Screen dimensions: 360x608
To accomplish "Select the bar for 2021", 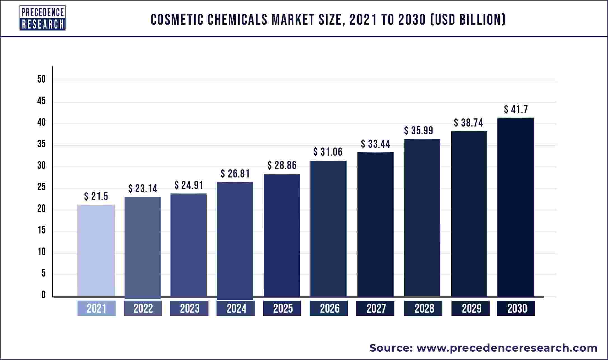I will (96, 250).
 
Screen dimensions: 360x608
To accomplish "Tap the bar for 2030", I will (516, 207).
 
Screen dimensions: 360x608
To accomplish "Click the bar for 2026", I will (328, 228).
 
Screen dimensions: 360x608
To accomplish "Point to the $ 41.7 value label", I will (516, 109).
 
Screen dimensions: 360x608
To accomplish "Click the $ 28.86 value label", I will (282, 165).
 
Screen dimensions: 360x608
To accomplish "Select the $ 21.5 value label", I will (96, 197).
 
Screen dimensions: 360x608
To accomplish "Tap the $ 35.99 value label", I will (418, 130).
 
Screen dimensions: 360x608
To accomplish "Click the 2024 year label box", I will (236, 308).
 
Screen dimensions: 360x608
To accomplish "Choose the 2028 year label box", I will (423, 308).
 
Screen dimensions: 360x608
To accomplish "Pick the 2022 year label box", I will (143, 308).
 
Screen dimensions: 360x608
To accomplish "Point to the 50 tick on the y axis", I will (41, 79).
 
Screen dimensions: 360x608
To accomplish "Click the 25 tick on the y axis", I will (41, 187).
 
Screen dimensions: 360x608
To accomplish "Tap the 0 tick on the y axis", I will (43, 295).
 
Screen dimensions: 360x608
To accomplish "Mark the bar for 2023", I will (188, 245).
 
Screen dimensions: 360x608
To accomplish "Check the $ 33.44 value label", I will (375, 144).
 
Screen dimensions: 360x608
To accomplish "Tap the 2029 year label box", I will (470, 308).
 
